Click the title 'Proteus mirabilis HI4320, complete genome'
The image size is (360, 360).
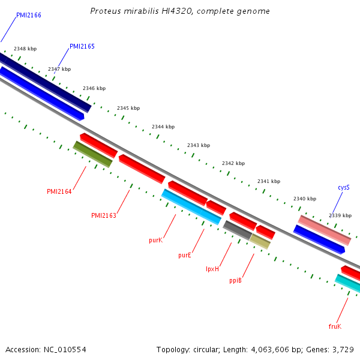(180, 11)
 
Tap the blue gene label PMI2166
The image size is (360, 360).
(29, 15)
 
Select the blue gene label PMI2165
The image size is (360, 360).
(82, 46)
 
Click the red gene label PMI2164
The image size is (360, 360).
(59, 191)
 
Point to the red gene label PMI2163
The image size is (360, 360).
(104, 215)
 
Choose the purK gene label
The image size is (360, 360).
(155, 241)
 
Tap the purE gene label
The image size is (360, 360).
(185, 256)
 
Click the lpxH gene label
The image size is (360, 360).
(212, 269)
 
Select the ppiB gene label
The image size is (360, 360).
(235, 280)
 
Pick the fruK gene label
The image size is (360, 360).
(335, 326)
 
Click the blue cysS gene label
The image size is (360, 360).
(344, 188)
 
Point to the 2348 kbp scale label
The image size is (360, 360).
(25, 49)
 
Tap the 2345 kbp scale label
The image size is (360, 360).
(128, 108)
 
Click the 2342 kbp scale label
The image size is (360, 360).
(233, 163)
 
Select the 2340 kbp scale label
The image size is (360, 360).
(305, 199)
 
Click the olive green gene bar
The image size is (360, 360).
(93, 154)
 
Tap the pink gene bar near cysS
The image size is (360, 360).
(325, 230)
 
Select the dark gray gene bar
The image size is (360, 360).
(238, 230)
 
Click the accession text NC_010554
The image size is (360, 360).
(65, 350)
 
